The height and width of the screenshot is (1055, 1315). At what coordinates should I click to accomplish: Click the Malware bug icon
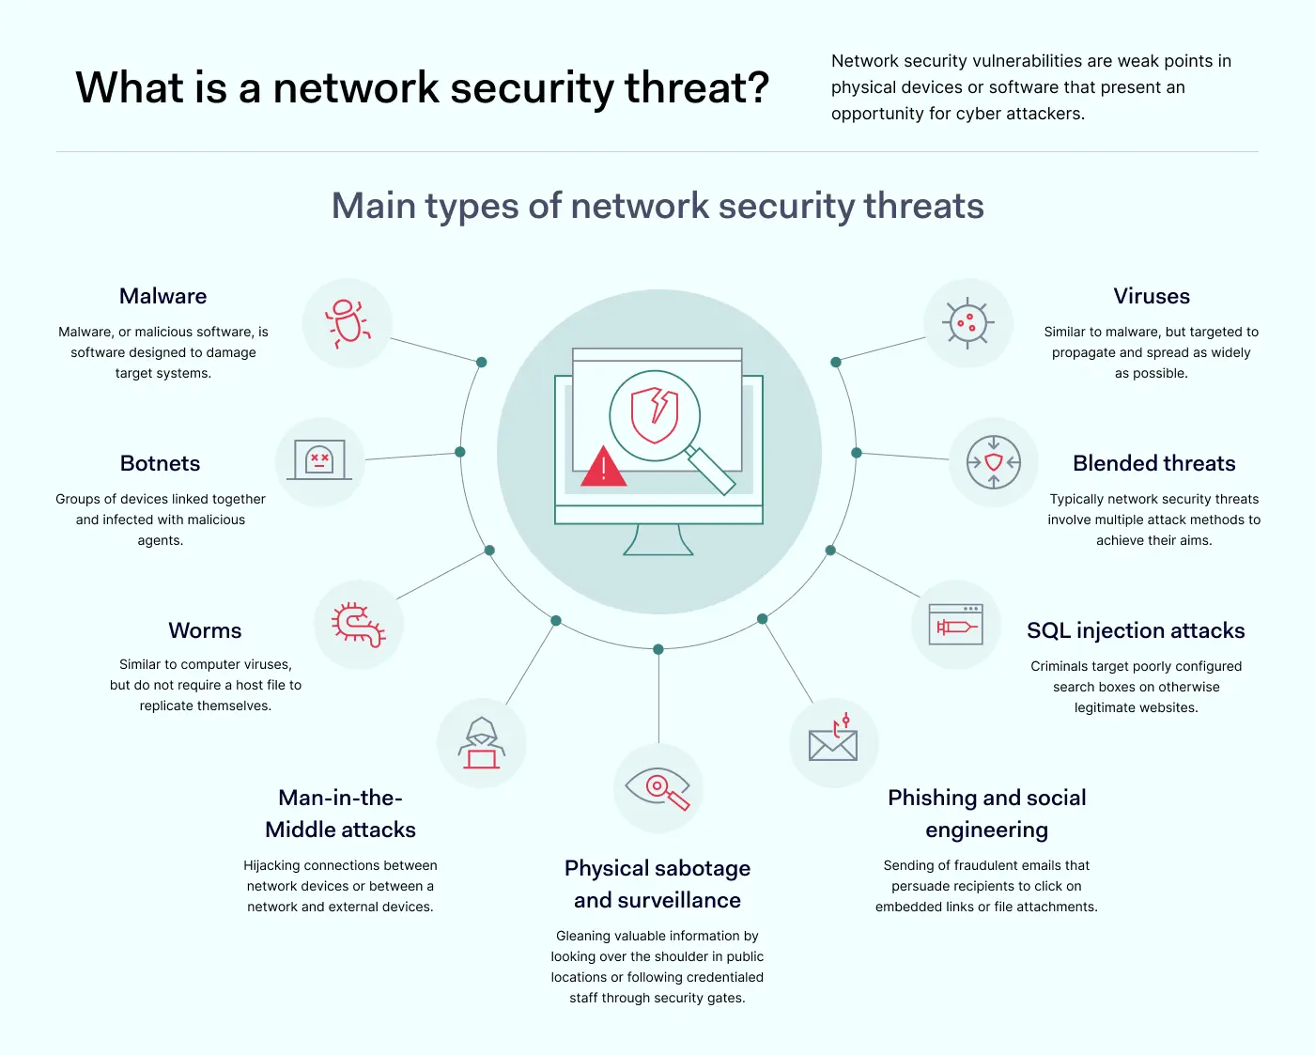(347, 323)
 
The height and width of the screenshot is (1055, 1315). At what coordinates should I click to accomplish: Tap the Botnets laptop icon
(319, 461)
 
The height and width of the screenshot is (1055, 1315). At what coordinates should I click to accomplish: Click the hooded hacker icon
(482, 743)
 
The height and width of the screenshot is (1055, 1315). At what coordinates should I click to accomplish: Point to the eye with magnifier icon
(657, 787)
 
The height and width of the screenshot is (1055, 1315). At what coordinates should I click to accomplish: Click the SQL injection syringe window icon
(955, 625)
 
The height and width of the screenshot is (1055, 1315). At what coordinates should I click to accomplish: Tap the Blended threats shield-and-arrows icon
(994, 461)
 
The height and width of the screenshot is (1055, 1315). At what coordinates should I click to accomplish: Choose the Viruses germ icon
(967, 323)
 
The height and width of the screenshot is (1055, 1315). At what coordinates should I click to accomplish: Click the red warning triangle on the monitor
(603, 467)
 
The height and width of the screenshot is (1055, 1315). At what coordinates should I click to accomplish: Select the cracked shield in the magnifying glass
(656, 414)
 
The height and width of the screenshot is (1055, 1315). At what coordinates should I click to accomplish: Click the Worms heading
(205, 630)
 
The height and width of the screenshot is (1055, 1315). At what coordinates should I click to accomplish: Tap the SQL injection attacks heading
(1136, 630)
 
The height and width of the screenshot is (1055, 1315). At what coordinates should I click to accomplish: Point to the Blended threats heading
(1153, 463)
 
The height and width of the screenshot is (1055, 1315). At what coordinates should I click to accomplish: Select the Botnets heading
(161, 463)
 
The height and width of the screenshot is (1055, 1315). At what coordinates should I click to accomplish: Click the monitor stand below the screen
(658, 540)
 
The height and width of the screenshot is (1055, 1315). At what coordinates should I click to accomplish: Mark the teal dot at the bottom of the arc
(658, 649)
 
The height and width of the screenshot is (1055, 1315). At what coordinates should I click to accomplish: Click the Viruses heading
(1152, 296)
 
